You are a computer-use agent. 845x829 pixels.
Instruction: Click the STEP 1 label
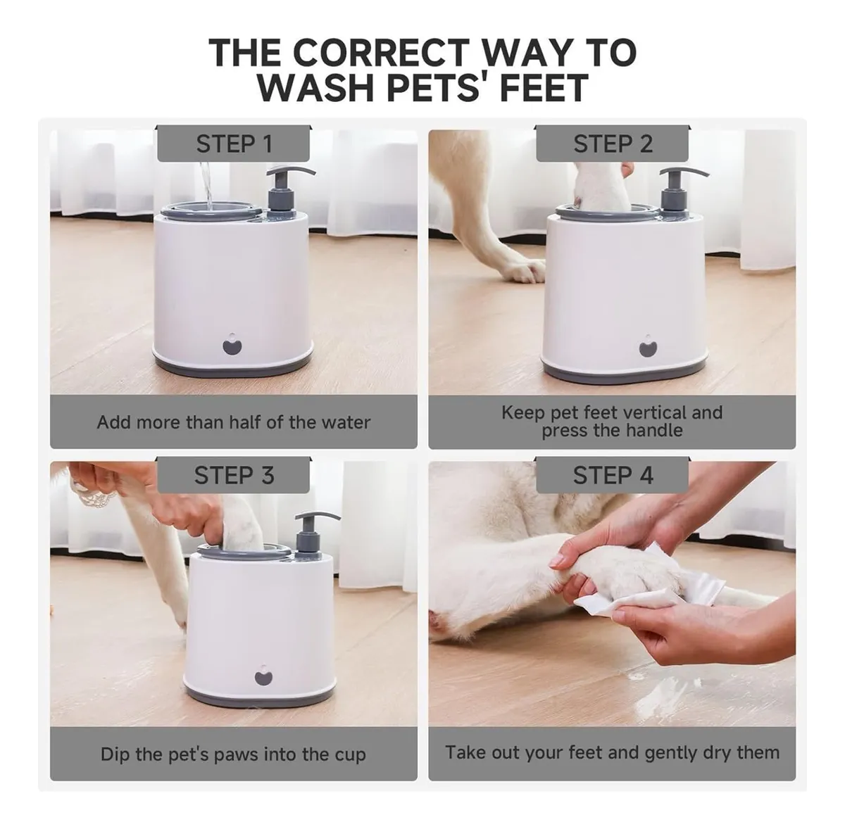pos(234,144)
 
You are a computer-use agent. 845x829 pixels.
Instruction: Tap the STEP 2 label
pos(613,144)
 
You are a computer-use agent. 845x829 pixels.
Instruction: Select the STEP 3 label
pos(234,475)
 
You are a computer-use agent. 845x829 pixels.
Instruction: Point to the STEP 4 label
pos(613,475)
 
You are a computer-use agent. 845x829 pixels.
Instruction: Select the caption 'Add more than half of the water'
pos(234,422)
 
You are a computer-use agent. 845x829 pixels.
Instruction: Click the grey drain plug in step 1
pos(232,346)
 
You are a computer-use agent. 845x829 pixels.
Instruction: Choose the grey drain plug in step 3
pos(263,677)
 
